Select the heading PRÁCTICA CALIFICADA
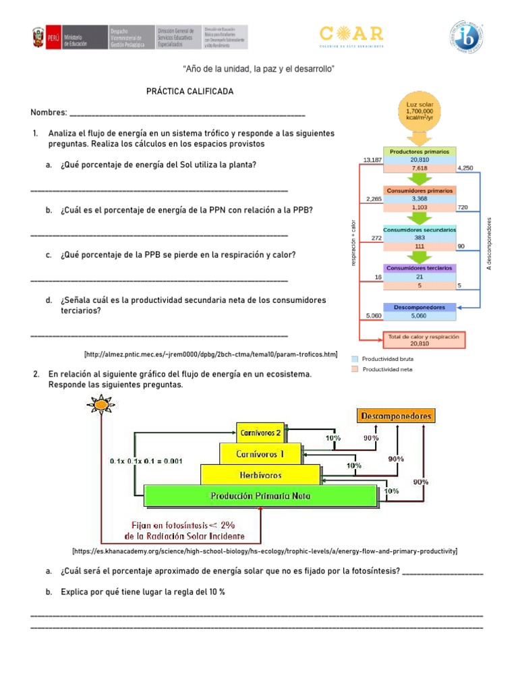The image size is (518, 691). [x=190, y=91]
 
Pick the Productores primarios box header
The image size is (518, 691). [x=420, y=151]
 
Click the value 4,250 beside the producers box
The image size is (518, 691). [x=465, y=167]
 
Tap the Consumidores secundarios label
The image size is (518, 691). [x=420, y=230]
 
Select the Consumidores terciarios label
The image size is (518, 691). [x=420, y=268]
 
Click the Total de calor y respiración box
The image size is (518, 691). [x=423, y=339]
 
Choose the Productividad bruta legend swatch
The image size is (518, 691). [x=355, y=359]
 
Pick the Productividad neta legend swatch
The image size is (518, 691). [x=355, y=369]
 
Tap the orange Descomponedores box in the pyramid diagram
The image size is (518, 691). [x=395, y=416]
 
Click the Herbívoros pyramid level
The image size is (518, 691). [x=261, y=474]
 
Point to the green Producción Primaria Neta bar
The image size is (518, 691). [x=261, y=496]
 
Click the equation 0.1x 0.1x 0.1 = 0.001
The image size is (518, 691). [x=146, y=461]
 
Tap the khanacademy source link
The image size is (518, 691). [x=264, y=551]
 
